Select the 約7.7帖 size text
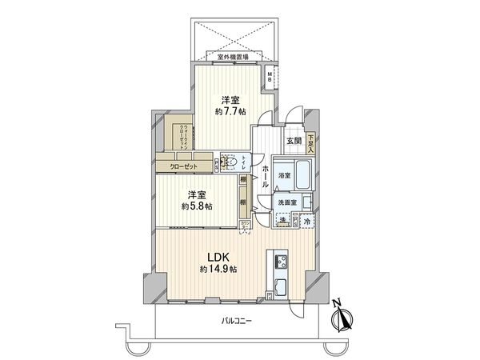click(230, 112)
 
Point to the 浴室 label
click(284, 174)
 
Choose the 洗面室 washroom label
click(287, 203)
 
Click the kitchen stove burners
click(282, 261)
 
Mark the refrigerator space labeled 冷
click(306, 219)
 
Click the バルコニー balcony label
click(237, 321)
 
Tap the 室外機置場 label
click(233, 57)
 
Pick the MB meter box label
click(270, 77)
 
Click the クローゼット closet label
click(183, 166)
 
